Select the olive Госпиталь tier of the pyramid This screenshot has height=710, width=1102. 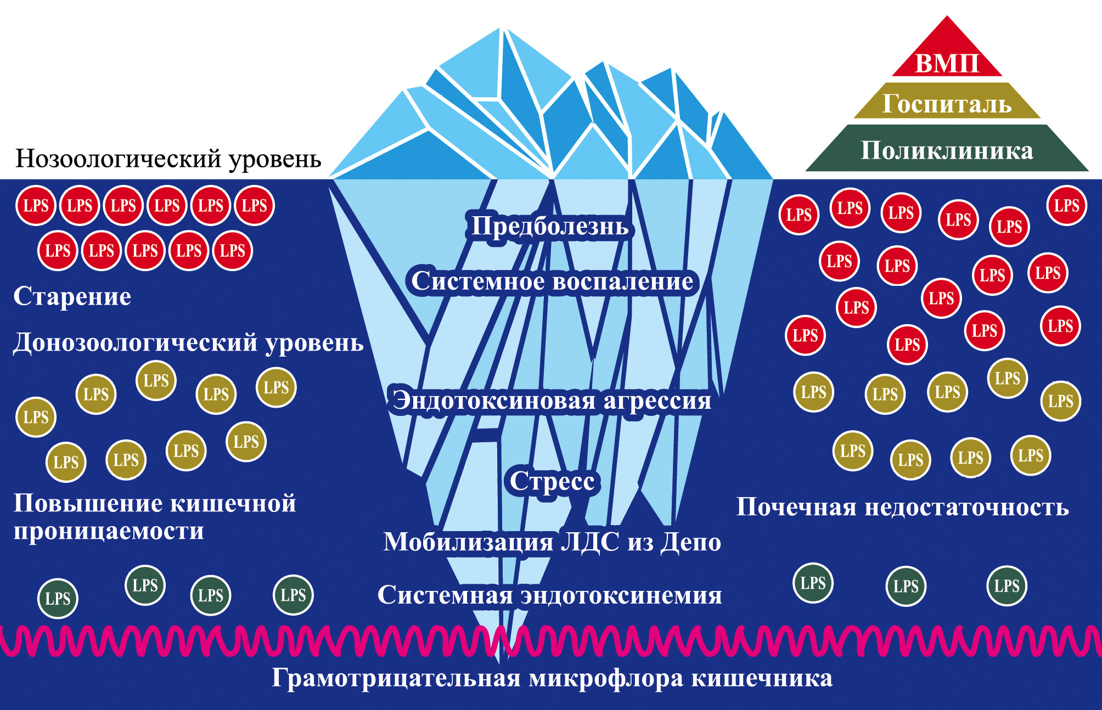947,103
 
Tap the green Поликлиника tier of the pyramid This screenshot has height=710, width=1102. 947,150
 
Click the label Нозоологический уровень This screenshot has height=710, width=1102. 168,159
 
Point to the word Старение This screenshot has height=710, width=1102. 72,296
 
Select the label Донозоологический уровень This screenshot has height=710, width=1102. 188,342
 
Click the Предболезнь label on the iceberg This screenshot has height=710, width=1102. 550,226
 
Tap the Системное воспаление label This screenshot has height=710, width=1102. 552,281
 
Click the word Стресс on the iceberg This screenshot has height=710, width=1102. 552,481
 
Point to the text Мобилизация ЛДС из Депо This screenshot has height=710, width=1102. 552,542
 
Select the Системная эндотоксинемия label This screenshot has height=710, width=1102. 550,595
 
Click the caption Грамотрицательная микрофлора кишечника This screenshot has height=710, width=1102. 552,678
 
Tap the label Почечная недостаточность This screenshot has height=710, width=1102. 903,507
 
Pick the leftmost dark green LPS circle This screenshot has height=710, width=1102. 58,598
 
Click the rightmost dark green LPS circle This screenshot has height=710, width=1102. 1007,585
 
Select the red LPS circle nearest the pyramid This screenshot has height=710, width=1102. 1066,206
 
